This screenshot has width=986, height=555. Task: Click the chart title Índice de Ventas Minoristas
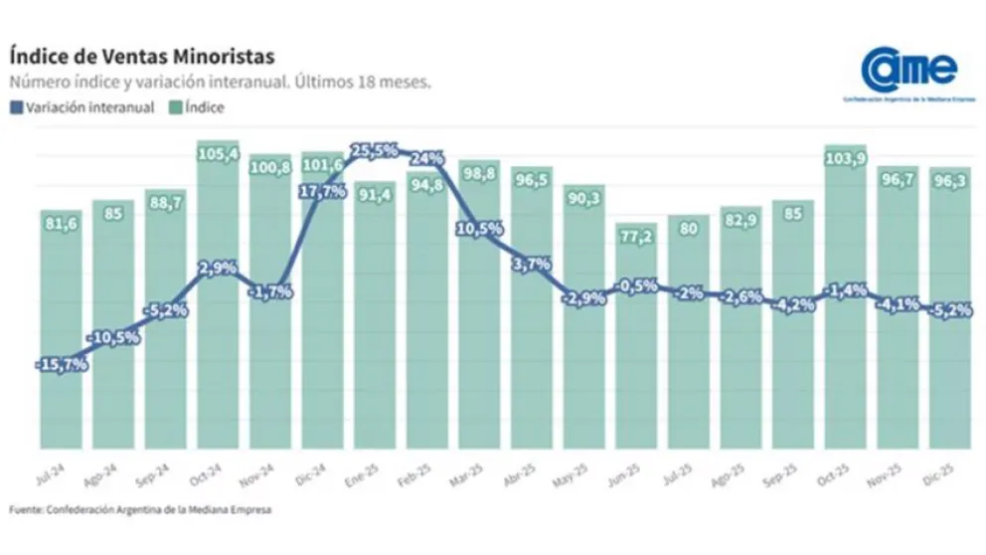coord(141,56)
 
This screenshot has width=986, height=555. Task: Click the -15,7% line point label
coord(61,366)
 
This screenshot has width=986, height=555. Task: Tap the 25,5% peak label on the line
coord(374,151)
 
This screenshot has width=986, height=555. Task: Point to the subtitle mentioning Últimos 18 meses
coord(220,83)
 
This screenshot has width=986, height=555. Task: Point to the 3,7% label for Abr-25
coord(533,264)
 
